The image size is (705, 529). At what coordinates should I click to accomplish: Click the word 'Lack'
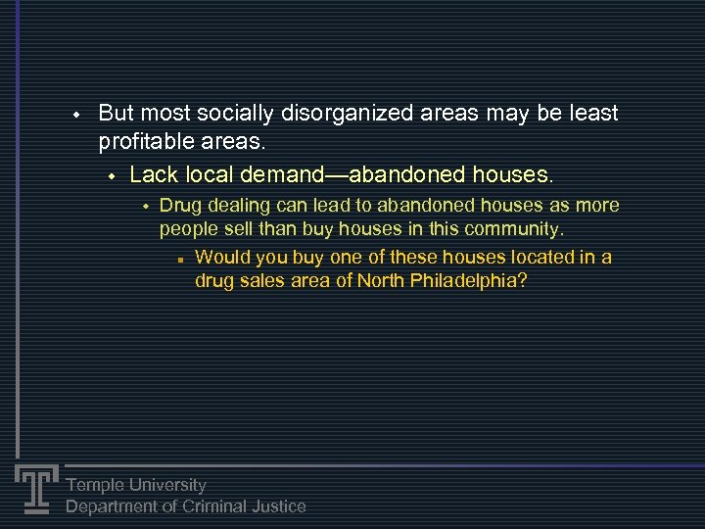click(x=151, y=175)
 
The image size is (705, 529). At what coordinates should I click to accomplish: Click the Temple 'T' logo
click(x=36, y=487)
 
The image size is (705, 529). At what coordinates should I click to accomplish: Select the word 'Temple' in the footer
click(x=95, y=485)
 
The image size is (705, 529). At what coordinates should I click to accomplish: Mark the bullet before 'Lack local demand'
click(x=112, y=176)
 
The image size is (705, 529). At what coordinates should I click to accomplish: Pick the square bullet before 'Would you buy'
click(x=181, y=260)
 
